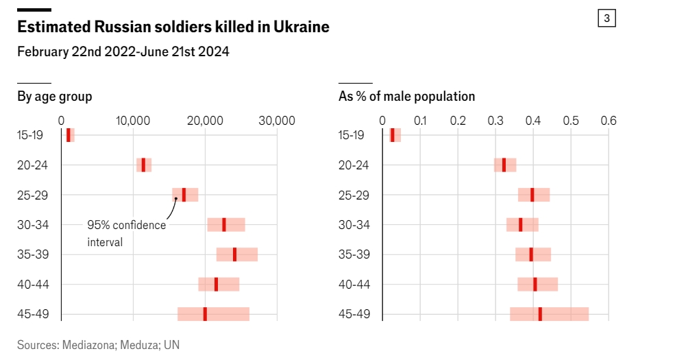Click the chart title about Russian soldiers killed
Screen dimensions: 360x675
tap(173, 27)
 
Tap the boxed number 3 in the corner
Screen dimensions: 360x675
tap(606, 19)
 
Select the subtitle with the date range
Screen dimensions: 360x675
tap(123, 52)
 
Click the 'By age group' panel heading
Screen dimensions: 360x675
tap(55, 97)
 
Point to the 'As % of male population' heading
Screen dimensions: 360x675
tap(406, 97)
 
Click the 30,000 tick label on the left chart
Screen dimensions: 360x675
tap(276, 121)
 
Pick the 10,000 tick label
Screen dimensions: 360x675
tap(133, 121)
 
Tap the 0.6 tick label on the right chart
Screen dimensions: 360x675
tap(609, 121)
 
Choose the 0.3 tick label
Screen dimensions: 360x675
tap(495, 121)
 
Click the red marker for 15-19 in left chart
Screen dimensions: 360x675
tap(69, 135)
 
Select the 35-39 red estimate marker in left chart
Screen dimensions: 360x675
tap(235, 254)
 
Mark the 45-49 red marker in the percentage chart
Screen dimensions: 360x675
tap(540, 314)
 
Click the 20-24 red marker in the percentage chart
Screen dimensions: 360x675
tap(504, 165)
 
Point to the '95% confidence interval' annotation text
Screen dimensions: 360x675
tap(126, 233)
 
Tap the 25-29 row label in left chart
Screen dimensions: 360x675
tap(30, 195)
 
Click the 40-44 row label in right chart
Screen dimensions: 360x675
tap(355, 284)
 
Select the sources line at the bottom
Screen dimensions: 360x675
tap(98, 345)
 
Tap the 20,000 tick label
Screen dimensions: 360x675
tap(205, 121)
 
